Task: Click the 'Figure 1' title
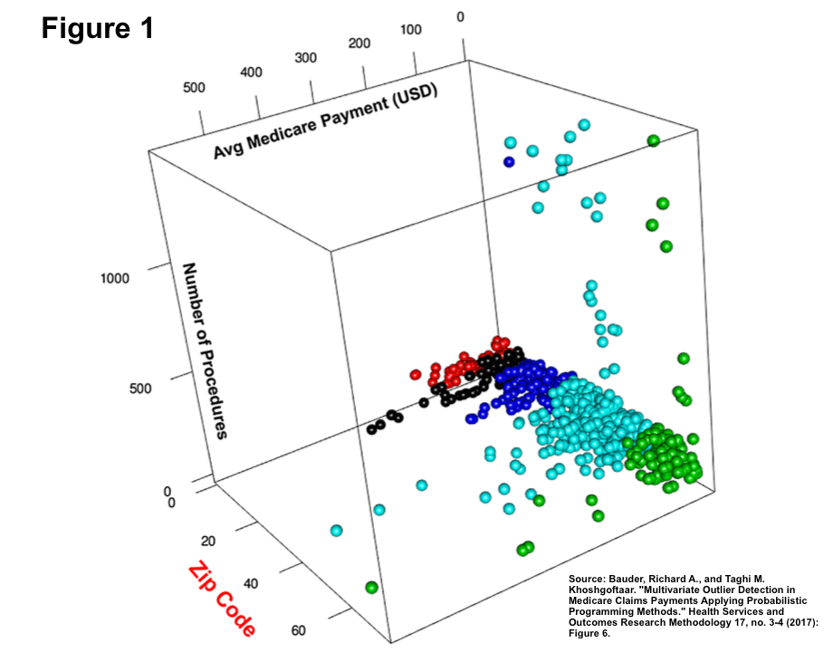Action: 97,28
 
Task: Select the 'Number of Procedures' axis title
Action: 205,350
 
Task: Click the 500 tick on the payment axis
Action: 195,88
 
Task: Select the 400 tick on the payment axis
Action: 251,72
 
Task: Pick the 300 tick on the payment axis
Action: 305,58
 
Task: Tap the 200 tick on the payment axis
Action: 359,43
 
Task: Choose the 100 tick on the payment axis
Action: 410,30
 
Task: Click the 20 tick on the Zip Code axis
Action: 208,542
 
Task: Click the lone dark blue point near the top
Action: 509,162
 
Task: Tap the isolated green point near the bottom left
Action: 371,588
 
